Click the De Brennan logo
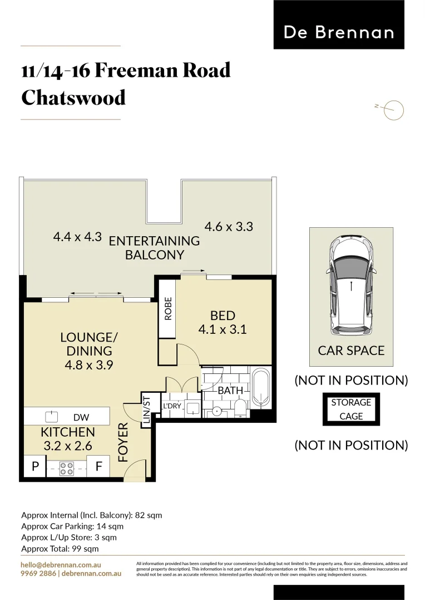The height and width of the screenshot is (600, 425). (339, 32)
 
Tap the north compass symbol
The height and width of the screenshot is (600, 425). (393, 110)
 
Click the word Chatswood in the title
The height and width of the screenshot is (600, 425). (73, 98)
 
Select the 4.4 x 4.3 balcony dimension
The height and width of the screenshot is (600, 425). (77, 237)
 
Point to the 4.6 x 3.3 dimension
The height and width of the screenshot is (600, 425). (229, 227)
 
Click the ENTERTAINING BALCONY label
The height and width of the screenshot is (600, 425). (154, 248)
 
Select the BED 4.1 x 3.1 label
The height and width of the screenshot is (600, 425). (223, 322)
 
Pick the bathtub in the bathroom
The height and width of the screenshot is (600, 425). (260, 388)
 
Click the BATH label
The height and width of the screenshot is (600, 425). (230, 391)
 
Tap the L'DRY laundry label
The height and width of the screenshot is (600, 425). (172, 407)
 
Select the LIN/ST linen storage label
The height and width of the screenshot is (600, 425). (147, 411)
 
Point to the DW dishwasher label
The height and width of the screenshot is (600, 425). (81, 417)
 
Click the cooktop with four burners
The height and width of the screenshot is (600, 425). (67, 469)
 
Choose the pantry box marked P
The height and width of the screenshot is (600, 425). (35, 467)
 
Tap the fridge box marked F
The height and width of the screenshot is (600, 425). (98, 467)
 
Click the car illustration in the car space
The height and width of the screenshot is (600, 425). (351, 286)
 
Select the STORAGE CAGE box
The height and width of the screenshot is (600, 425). (351, 409)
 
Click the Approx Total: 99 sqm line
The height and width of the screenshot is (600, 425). (60, 548)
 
